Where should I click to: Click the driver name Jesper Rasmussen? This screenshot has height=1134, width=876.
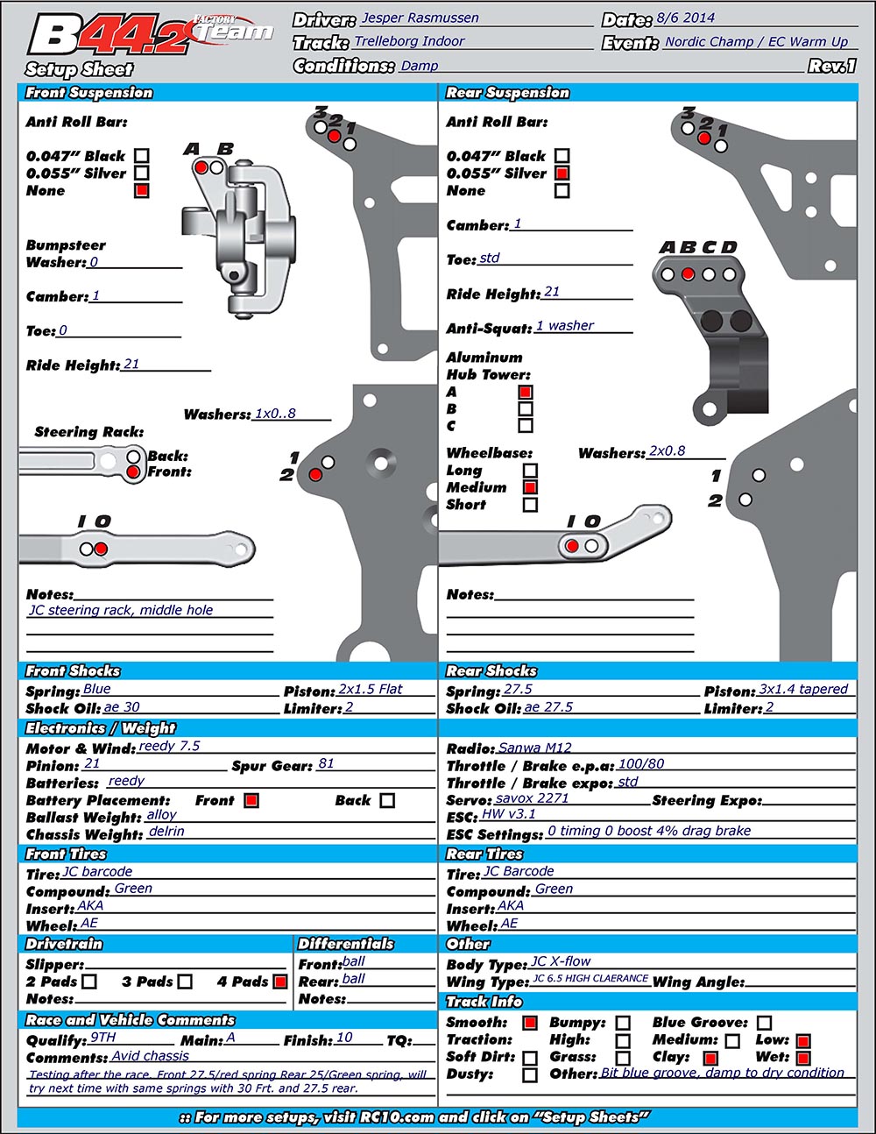click(x=419, y=18)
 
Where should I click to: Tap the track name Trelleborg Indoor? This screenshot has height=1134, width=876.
click(x=409, y=41)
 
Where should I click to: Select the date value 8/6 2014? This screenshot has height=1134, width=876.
click(x=685, y=18)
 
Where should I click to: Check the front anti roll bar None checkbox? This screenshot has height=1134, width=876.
click(x=142, y=190)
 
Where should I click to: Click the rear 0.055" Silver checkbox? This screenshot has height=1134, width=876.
click(x=562, y=174)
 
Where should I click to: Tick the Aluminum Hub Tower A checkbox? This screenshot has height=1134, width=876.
click(x=526, y=393)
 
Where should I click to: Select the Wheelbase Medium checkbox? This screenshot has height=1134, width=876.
click(x=530, y=487)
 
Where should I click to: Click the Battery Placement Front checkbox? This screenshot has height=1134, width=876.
click(x=251, y=800)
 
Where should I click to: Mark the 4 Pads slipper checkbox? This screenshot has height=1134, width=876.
click(x=280, y=982)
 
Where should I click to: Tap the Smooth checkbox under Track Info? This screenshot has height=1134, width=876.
click(x=530, y=1023)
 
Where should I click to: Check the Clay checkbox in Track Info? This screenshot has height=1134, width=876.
click(x=710, y=1058)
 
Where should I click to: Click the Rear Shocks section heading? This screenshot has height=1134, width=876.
click(x=491, y=671)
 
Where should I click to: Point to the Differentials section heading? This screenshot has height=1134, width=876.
click(x=346, y=944)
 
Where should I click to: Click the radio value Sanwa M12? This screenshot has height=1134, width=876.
click(x=534, y=748)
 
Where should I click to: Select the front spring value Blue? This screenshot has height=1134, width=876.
click(x=96, y=689)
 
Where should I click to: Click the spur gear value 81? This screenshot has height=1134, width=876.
click(x=326, y=764)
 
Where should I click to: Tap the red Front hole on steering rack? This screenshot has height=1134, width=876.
click(x=133, y=472)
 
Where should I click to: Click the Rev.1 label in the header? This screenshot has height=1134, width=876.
click(x=832, y=66)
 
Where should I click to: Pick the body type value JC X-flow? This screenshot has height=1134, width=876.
click(x=561, y=962)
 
